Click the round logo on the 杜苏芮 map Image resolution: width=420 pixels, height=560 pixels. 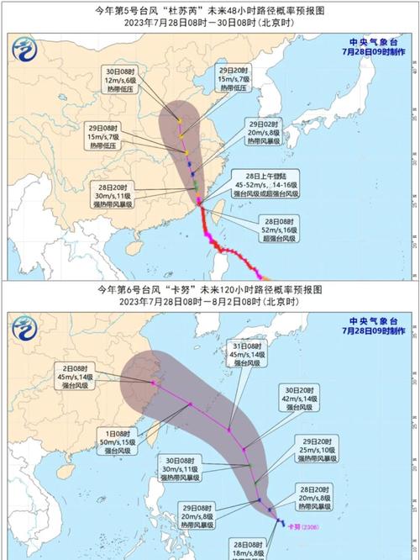click(x=25, y=51)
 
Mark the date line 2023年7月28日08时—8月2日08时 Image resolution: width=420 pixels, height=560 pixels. click(x=209, y=300)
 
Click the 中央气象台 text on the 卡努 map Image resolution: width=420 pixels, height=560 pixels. click(x=373, y=320)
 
